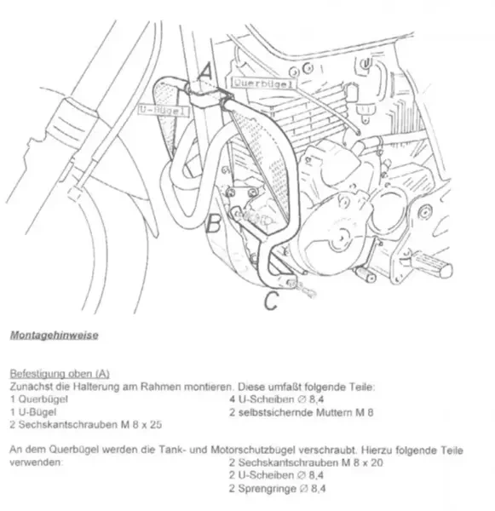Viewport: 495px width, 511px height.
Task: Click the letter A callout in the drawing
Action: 205,72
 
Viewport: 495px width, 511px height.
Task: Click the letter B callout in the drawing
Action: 213,223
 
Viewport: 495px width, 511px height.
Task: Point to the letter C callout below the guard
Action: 271,301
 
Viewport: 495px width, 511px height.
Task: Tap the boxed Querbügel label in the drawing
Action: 263,83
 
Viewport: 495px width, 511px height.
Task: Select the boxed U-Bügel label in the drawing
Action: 164,110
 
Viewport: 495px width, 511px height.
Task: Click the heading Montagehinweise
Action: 55,336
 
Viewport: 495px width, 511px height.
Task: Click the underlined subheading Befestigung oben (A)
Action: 60,374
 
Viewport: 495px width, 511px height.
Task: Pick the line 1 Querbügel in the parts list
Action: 39,399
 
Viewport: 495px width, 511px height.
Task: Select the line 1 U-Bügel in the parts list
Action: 33,412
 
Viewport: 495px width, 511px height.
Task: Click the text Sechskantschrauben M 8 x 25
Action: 90,425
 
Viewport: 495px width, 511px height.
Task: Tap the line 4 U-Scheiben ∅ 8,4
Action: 277,399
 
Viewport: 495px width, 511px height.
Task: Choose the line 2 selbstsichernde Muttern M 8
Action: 302,412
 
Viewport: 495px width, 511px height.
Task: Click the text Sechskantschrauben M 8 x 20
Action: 310,462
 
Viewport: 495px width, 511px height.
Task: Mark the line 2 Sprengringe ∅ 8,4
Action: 277,488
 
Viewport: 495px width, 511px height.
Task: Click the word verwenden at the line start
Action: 36,462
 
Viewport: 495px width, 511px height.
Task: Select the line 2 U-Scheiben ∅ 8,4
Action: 276,475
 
